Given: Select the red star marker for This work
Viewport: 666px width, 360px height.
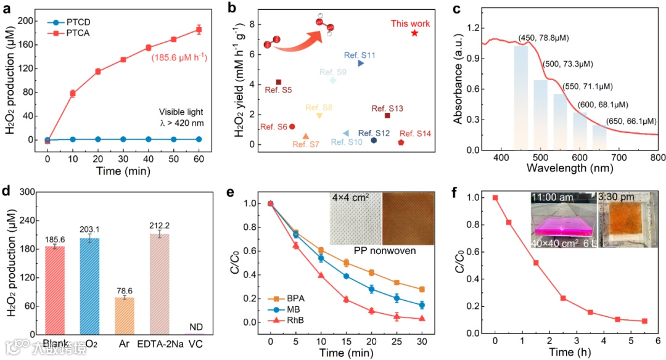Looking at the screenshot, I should point(414,33).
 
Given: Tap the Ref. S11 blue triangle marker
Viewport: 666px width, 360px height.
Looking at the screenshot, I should point(361,63).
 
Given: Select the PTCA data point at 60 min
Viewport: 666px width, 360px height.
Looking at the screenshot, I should point(199,29).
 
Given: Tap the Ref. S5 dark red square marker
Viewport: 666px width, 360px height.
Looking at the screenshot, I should point(279,82).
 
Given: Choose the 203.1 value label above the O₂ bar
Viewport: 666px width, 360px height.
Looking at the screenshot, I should point(91,229).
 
